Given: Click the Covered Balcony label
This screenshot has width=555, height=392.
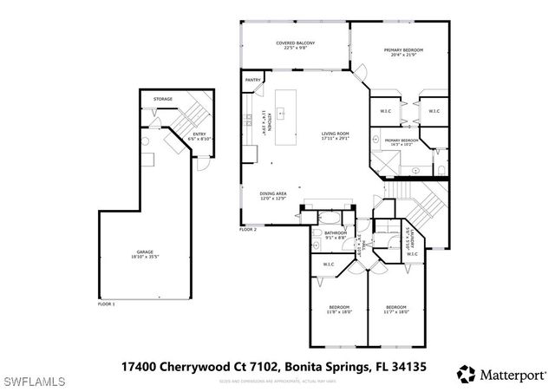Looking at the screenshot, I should click(295, 45).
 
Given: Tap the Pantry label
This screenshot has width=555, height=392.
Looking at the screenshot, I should click(253, 80).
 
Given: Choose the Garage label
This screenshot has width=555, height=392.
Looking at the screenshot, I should click(144, 254).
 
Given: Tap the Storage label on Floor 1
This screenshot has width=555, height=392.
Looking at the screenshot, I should click(163, 99).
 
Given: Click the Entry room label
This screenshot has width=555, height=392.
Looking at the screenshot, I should click(199, 135).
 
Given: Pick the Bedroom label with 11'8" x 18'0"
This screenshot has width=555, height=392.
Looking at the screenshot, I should click(338, 310).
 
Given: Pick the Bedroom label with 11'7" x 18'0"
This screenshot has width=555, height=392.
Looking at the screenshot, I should click(396, 310).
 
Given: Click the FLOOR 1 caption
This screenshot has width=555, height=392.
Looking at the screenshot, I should click(106, 304).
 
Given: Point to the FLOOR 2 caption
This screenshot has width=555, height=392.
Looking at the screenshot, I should click(248, 230).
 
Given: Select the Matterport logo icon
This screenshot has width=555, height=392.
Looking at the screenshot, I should click(467, 374).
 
